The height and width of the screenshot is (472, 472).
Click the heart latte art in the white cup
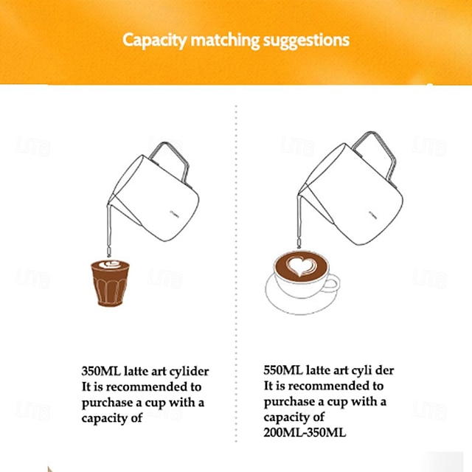(299, 266)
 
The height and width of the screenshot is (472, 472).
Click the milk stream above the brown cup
(106, 229)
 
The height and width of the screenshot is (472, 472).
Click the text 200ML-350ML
(304, 433)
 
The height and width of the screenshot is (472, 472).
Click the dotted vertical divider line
(236, 280)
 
